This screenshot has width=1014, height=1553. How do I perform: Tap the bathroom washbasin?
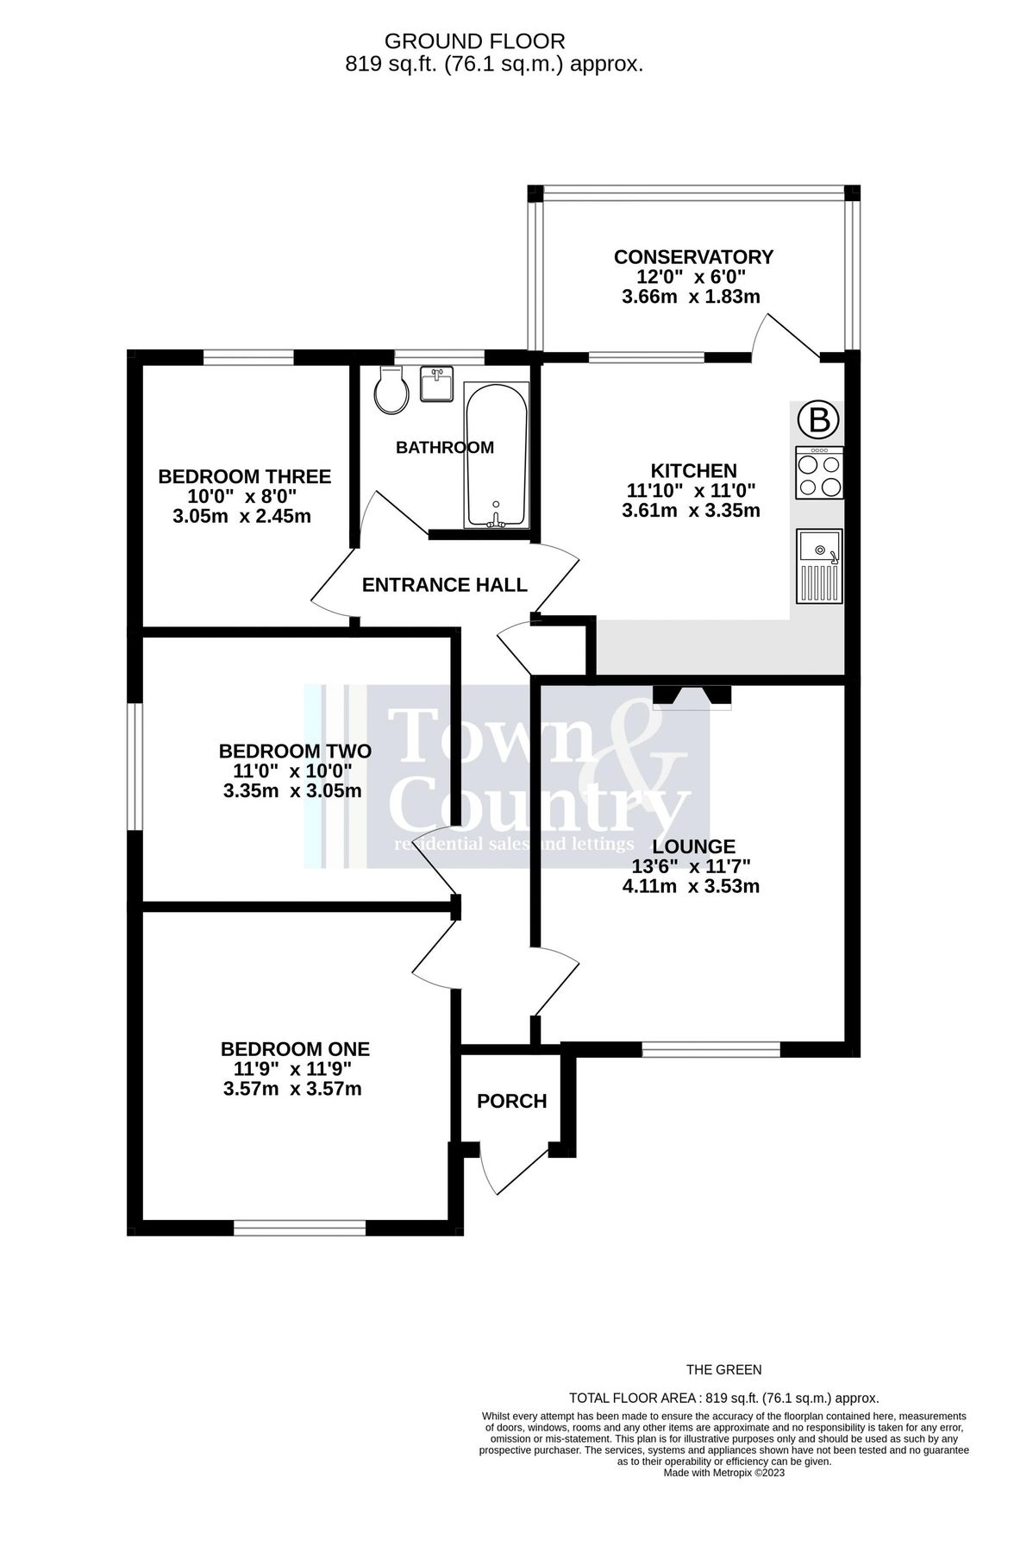click(436, 383)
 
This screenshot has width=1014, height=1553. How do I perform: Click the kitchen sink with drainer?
click(818, 565)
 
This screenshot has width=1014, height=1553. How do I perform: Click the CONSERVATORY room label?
click(693, 257)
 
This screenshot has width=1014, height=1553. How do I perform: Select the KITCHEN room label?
click(693, 471)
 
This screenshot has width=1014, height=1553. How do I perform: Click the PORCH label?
click(512, 1102)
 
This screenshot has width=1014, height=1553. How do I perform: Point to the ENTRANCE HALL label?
click(444, 586)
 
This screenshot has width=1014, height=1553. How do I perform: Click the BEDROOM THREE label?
click(245, 477)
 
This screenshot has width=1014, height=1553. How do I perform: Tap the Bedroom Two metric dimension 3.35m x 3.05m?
click(292, 791)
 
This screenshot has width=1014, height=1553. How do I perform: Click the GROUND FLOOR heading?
click(474, 41)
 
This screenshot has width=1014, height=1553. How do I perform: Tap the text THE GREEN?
click(723, 1369)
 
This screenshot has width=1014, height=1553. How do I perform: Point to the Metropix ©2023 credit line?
click(723, 1473)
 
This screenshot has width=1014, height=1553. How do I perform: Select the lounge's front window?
click(710, 1049)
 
